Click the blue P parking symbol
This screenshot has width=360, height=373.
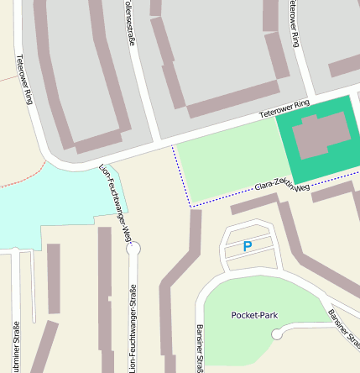coord(247,246)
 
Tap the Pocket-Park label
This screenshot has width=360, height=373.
coord(253,315)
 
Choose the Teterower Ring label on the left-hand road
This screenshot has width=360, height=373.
coord(24,80)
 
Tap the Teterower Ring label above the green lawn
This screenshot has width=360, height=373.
coord(284,108)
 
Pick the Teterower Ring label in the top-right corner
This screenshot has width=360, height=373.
coord(292,22)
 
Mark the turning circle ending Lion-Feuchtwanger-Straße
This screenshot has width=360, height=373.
coord(133,248)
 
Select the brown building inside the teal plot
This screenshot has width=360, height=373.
coord(321,134)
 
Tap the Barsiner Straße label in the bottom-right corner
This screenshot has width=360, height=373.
coord(344,329)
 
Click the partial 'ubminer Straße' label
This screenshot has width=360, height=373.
coord(16,346)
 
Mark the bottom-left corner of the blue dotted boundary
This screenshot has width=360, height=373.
coord(191,206)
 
